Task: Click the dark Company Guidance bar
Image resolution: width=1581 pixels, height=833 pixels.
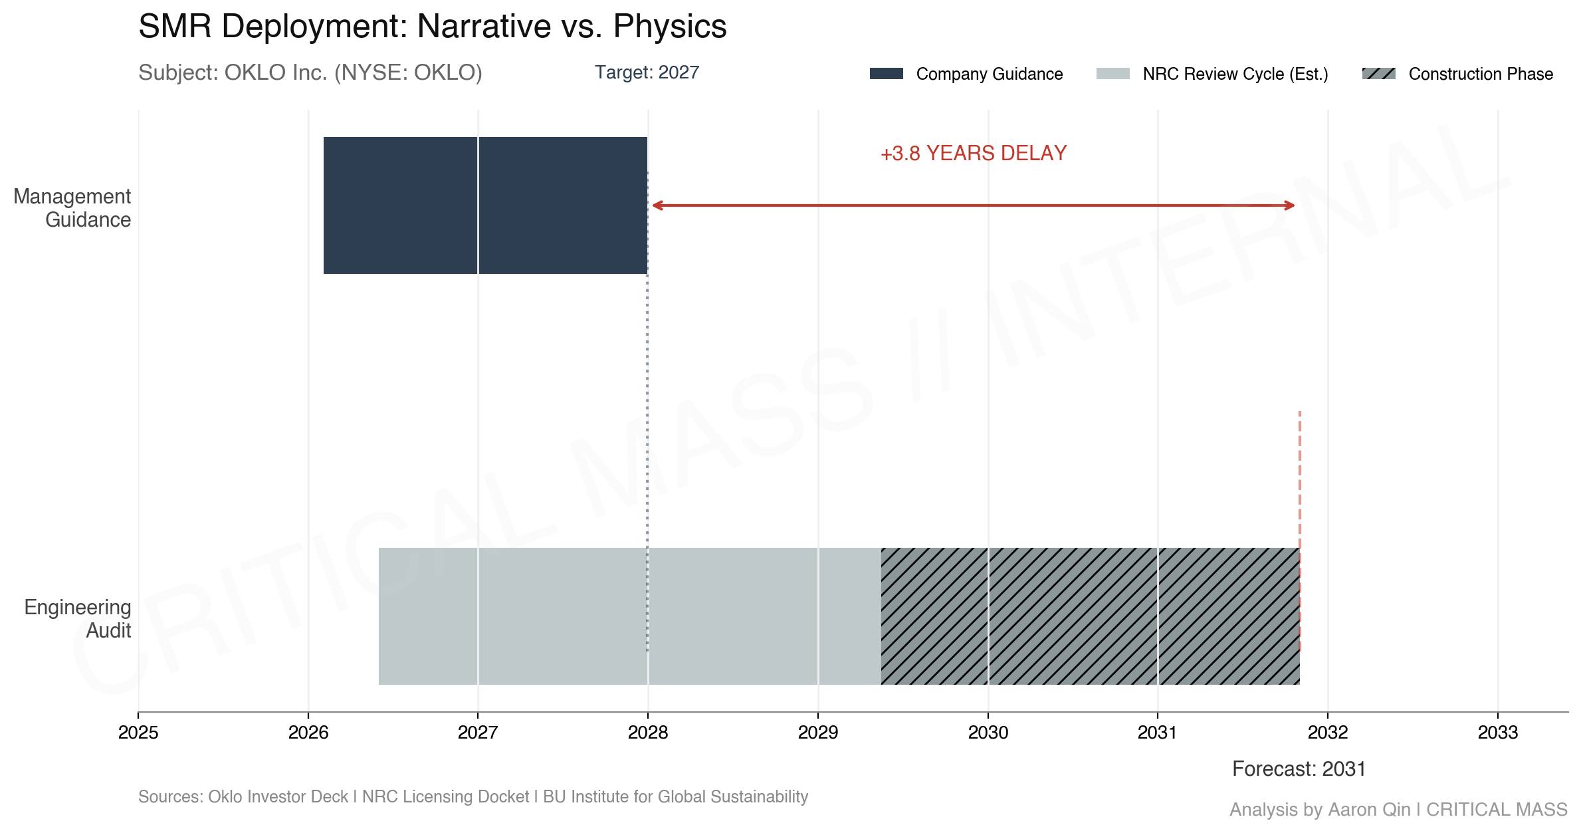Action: pyautogui.click(x=485, y=205)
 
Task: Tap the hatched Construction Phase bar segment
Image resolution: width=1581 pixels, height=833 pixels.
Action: pyautogui.click(x=1090, y=616)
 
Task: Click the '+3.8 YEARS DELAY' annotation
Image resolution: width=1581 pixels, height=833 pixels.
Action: pyautogui.click(x=973, y=154)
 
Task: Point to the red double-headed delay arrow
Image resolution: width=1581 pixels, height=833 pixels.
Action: pyautogui.click(x=973, y=205)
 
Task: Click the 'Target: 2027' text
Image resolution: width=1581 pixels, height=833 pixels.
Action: pyautogui.click(x=647, y=72)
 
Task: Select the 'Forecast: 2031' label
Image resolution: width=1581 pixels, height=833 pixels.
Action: pyautogui.click(x=1299, y=769)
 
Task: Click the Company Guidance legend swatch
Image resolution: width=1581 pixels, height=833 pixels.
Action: pyautogui.click(x=886, y=74)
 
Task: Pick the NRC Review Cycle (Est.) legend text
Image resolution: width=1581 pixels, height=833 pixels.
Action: pyautogui.click(x=1235, y=74)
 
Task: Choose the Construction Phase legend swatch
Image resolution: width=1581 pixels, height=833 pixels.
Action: pyautogui.click(x=1378, y=74)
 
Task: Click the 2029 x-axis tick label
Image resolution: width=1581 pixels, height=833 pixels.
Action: pyautogui.click(x=818, y=732)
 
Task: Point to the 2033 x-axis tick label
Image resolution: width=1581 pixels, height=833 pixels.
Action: pyautogui.click(x=1498, y=732)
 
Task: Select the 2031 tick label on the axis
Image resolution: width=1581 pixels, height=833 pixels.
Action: pyautogui.click(x=1158, y=732)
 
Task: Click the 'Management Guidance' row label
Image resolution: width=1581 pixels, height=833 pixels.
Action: pyautogui.click(x=72, y=208)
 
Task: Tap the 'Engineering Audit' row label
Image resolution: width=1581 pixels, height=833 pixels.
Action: pyautogui.click(x=78, y=618)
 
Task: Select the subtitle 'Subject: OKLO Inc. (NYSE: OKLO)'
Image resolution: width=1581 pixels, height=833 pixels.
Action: pyautogui.click(x=310, y=72)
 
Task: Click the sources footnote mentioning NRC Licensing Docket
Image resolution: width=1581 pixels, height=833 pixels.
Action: pyautogui.click(x=473, y=796)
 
